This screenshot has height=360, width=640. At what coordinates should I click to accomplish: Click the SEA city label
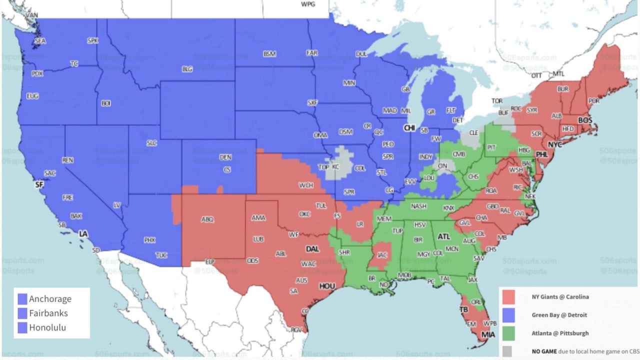(40, 41)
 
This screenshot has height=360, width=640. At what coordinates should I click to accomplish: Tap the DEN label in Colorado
(225, 157)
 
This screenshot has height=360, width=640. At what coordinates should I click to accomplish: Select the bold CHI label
(409, 128)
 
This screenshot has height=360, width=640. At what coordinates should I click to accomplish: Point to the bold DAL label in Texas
(312, 248)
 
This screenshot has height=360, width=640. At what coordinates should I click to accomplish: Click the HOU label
(326, 286)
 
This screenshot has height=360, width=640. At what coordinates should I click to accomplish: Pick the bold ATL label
(443, 236)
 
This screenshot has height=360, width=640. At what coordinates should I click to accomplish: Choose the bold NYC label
(555, 144)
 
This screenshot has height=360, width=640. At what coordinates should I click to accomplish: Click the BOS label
(584, 120)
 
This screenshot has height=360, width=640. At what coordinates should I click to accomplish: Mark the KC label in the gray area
(335, 166)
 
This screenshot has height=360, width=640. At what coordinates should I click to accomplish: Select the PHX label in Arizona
(149, 240)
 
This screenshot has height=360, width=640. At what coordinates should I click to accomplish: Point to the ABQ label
(207, 219)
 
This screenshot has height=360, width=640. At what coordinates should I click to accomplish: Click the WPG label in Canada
(307, 4)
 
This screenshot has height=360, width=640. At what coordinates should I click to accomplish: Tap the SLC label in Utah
(151, 143)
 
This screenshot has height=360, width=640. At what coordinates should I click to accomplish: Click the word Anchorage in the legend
(50, 299)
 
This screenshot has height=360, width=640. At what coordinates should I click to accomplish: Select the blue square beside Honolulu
(22, 328)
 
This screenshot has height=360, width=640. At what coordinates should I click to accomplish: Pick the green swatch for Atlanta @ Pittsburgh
(508, 333)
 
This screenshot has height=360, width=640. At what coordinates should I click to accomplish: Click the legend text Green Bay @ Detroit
(559, 315)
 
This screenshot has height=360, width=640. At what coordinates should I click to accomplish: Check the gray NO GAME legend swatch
(508, 351)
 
